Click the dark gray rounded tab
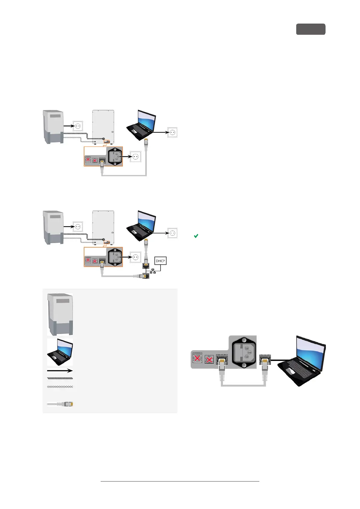pyautogui.click(x=310, y=29)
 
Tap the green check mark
pyautogui.click(x=196, y=236)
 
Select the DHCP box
pyautogui.click(x=160, y=261)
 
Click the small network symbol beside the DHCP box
pyautogui.click(x=153, y=271)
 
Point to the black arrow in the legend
pyautogui.click(x=60, y=371)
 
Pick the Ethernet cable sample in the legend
pyautogui.click(x=60, y=404)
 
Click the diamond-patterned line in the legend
pyautogui.click(x=60, y=387)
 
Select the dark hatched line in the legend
pyautogui.click(x=60, y=378)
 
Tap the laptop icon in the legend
pyautogui.click(x=60, y=352)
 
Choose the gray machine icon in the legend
pyautogui.click(x=60, y=314)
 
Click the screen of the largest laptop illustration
pyautogui.click(x=310, y=351)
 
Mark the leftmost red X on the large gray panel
pyautogui.click(x=197, y=358)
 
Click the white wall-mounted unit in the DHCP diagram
pyautogui.click(x=103, y=227)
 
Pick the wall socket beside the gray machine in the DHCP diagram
pyautogui.click(x=78, y=227)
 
